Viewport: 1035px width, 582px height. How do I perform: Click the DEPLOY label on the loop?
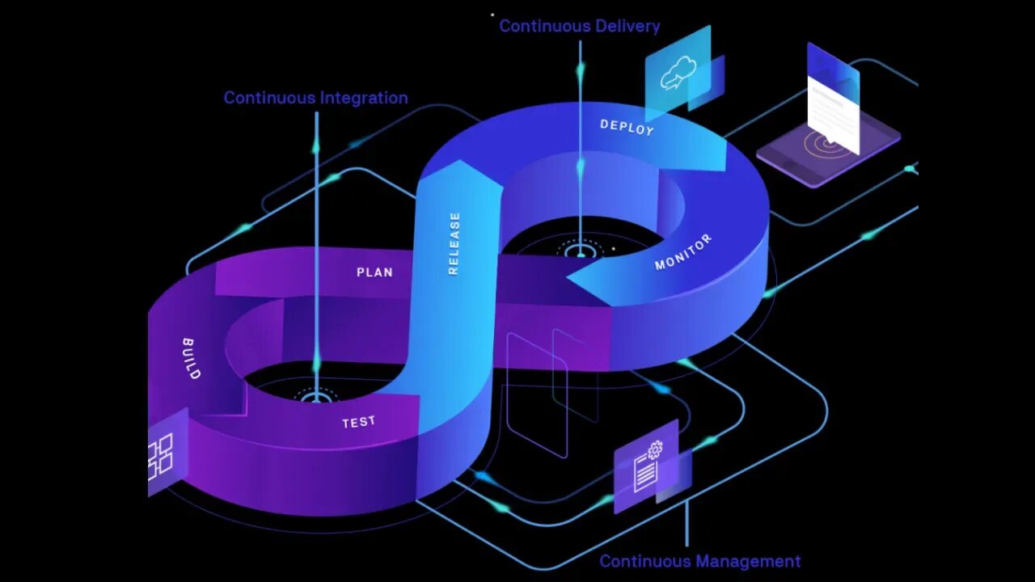pyautogui.click(x=627, y=127)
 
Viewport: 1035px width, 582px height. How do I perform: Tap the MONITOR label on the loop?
pyautogui.click(x=683, y=252)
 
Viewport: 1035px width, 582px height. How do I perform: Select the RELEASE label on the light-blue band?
pyautogui.click(x=454, y=243)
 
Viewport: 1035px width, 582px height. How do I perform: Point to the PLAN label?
pyautogui.click(x=374, y=272)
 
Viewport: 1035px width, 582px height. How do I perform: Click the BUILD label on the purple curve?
pyautogui.click(x=191, y=358)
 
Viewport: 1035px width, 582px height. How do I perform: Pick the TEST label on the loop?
pyautogui.click(x=358, y=422)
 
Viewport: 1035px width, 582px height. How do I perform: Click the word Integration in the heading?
pyautogui.click(x=364, y=98)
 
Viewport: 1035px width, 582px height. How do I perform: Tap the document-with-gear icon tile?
pyautogui.click(x=647, y=467)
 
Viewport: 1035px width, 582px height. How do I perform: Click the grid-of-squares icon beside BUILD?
pyautogui.click(x=160, y=455)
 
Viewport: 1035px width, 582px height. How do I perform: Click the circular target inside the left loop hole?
pyautogui.click(x=316, y=396)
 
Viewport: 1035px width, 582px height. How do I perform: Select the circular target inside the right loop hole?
pyautogui.click(x=580, y=251)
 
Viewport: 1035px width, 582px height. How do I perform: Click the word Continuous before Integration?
pyautogui.click(x=269, y=98)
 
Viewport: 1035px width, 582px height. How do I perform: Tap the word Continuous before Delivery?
pyautogui.click(x=534, y=26)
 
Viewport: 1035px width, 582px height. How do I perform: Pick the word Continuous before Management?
pyautogui.click(x=644, y=561)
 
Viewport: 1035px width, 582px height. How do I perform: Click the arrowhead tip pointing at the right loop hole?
pyautogui.click(x=569, y=279)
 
